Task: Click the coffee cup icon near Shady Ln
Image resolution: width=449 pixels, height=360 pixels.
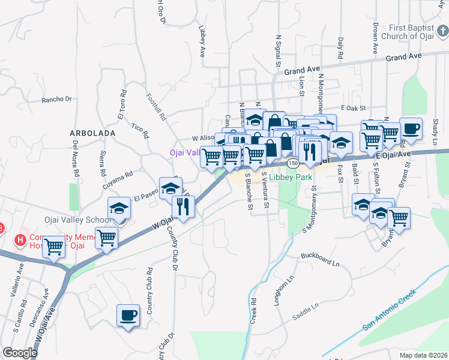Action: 411,129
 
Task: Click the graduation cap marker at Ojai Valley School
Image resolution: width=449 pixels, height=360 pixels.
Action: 119,208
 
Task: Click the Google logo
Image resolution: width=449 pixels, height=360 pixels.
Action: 20,353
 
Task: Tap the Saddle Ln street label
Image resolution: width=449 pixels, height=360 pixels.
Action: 306,307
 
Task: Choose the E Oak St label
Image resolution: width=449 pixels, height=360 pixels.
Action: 352,107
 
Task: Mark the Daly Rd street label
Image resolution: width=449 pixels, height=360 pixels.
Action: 340,47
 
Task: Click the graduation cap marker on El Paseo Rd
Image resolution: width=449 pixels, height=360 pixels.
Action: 170,187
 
